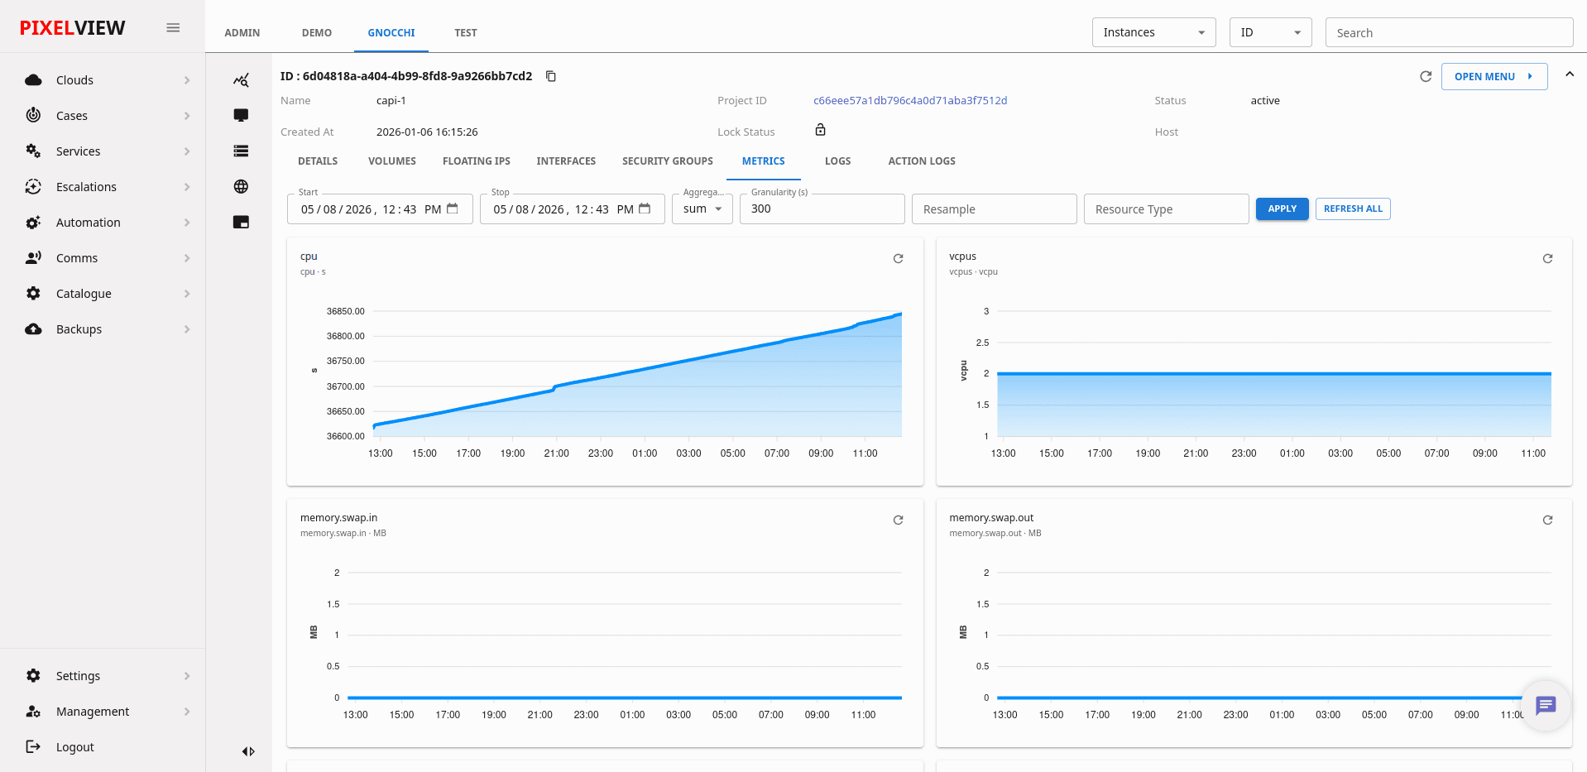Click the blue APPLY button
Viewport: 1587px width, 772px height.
click(1282, 209)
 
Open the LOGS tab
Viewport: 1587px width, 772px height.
click(837, 161)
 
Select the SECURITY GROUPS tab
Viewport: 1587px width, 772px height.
click(667, 161)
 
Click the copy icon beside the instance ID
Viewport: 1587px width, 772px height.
click(551, 76)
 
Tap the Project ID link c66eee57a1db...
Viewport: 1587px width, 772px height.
click(910, 101)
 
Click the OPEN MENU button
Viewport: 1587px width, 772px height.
click(1494, 76)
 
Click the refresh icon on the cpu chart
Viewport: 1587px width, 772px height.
click(898, 259)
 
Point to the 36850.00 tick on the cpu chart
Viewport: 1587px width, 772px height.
click(345, 311)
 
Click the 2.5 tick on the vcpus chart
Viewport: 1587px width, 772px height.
click(982, 343)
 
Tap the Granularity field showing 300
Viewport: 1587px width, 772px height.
click(822, 209)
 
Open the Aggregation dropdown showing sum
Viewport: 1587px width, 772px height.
click(702, 209)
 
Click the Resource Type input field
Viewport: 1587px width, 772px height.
click(1166, 209)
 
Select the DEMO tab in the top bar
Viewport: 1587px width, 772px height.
click(316, 33)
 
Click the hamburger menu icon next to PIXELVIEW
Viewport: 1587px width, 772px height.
click(173, 28)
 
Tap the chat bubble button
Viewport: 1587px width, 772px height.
click(1545, 705)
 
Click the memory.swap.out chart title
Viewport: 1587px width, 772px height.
click(991, 518)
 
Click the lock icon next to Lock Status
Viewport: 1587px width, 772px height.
click(820, 130)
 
